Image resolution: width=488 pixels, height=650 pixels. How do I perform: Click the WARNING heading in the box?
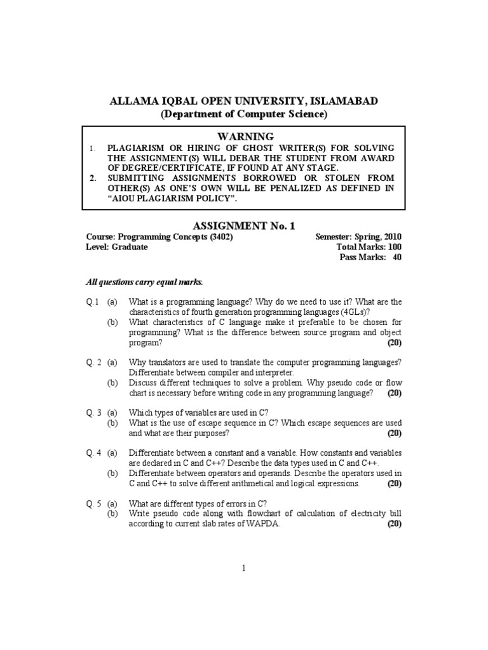245,136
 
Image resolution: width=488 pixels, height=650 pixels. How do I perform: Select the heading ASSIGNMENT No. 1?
243,225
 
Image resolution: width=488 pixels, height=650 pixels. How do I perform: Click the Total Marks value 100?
394,247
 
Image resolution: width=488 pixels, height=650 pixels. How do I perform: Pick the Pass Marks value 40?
397,258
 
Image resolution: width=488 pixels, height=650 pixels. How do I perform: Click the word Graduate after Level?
130,247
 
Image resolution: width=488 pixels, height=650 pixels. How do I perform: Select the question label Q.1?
93,302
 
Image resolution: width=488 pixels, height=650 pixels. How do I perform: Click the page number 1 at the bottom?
243,568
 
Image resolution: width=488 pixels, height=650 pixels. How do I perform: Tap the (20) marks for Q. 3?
394,434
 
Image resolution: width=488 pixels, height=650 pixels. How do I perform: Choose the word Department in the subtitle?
191,115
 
